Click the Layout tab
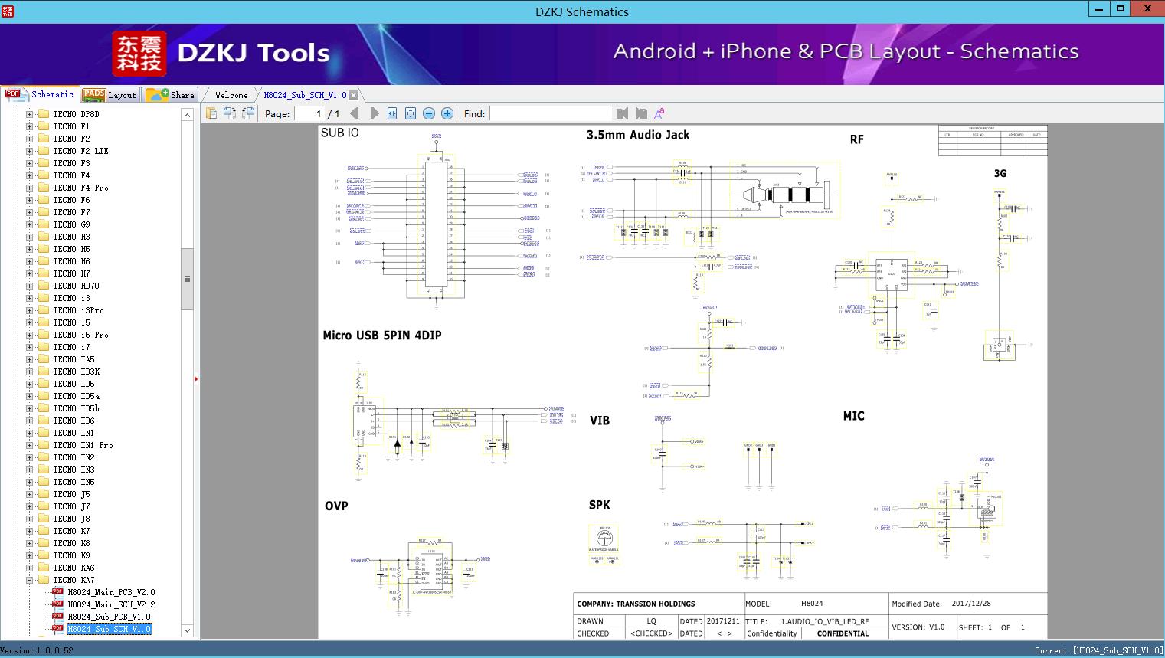point(110,95)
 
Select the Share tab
point(171,95)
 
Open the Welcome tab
point(231,95)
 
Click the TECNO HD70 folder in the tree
point(76,286)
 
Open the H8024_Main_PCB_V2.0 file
point(110,592)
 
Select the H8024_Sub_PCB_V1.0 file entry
point(109,617)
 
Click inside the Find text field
point(550,113)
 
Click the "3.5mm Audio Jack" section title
point(637,135)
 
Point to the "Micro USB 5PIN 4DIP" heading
point(381,336)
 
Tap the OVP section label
point(336,506)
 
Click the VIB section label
point(600,421)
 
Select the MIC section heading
point(853,416)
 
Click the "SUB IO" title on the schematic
point(339,133)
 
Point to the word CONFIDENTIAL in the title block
point(843,633)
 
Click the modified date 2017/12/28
point(971,604)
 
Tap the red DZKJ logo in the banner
point(139,54)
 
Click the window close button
point(1147,9)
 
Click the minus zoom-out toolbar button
point(429,113)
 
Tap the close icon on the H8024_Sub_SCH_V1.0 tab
point(353,96)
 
